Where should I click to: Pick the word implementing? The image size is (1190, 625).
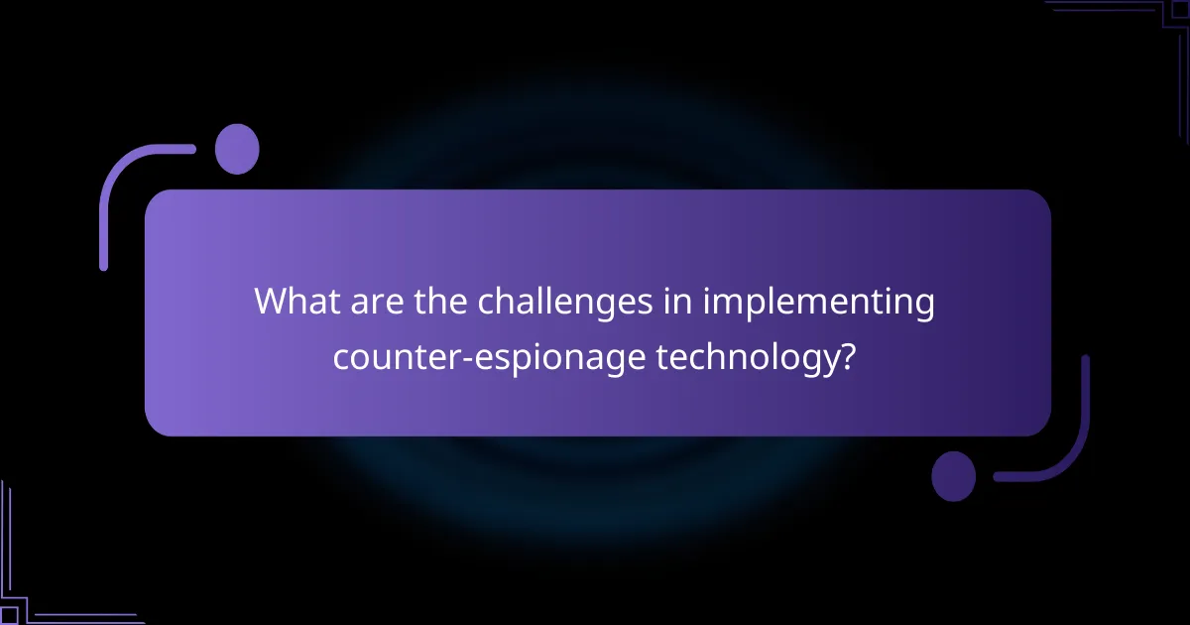tap(818, 303)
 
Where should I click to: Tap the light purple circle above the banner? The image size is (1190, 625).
tap(237, 150)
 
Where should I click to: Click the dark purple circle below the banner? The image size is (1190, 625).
tap(954, 476)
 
